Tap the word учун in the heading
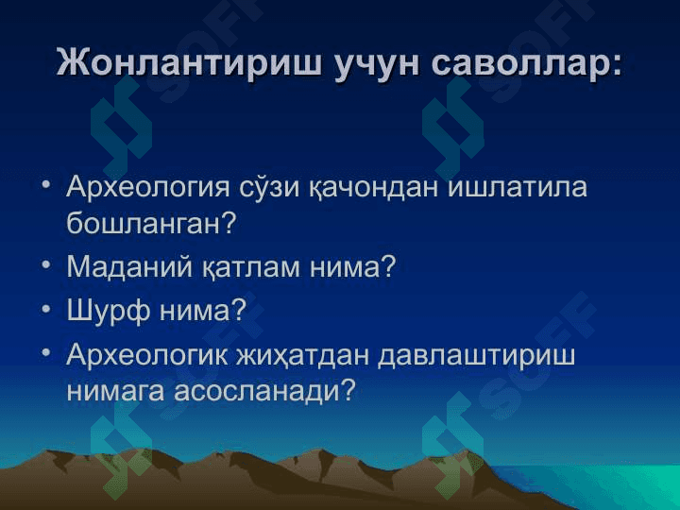377,66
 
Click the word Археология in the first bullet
148,188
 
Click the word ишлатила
517,187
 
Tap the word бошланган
144,223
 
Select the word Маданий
129,266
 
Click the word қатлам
250,267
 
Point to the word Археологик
147,356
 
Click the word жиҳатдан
302,356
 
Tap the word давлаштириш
477,356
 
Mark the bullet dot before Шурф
46,309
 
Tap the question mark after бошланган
229,222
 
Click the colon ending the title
615,67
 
